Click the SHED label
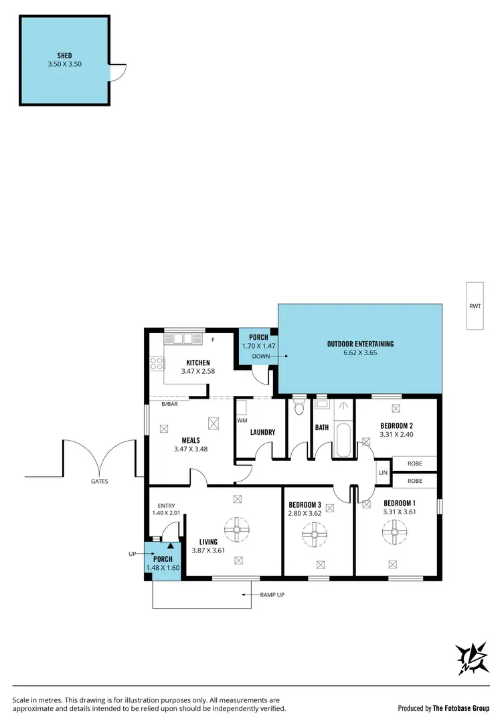pos(65,56)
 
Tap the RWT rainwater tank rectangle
pos(475,306)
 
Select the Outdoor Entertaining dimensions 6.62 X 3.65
pos(360,352)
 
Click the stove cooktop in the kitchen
pos(157,364)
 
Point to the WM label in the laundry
pos(242,421)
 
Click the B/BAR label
pos(169,404)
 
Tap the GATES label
pos(100,481)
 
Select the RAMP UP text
pos(272,594)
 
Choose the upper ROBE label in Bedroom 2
pos(414,463)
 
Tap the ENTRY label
pos(166,506)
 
